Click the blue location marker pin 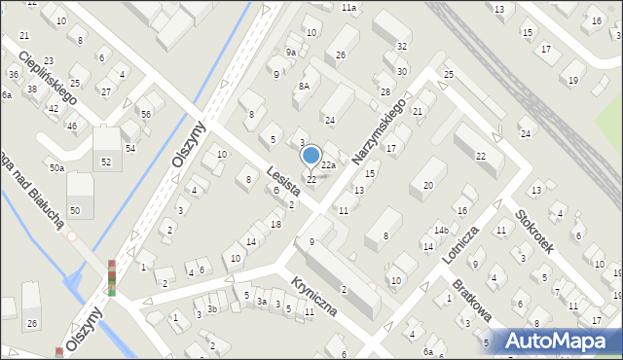[311, 156]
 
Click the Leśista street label [285, 184]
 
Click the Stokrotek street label [534, 231]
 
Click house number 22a [329, 165]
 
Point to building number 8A [304, 86]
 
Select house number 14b [441, 231]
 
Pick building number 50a [57, 168]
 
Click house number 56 [145, 115]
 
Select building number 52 [105, 162]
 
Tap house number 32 [402, 47]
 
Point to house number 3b [211, 308]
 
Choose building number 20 [427, 185]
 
